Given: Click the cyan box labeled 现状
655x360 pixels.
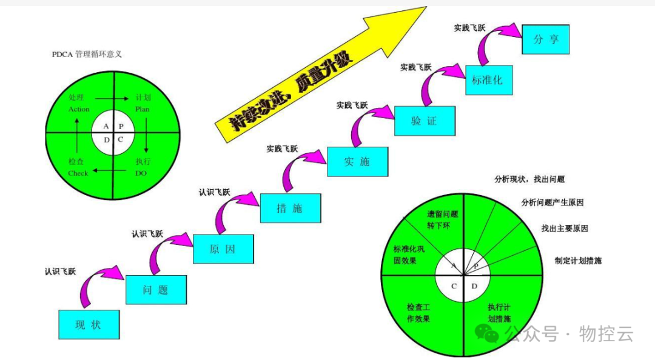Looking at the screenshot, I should pyautogui.click(x=89, y=324).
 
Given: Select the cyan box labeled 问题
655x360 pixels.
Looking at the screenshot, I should pyautogui.click(x=155, y=290).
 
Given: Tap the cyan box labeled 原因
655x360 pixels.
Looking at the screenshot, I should pyautogui.click(x=223, y=249).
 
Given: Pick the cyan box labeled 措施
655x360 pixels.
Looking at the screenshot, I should pyautogui.click(x=290, y=208).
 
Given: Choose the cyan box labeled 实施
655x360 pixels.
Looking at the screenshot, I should pyautogui.click(x=357, y=161).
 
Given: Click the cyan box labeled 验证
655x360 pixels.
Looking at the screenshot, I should pyautogui.click(x=424, y=121).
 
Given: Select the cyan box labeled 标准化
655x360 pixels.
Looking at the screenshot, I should pyautogui.click(x=489, y=79).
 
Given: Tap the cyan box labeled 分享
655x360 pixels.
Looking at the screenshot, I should pyautogui.click(x=545, y=39).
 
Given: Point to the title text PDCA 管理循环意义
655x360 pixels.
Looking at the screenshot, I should pyautogui.click(x=87, y=55).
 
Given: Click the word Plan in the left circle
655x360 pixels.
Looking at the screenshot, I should pyautogui.click(x=142, y=109).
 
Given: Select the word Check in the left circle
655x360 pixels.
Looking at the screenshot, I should pyautogui.click(x=78, y=173).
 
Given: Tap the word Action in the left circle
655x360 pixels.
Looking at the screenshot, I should pyautogui.click(x=79, y=109).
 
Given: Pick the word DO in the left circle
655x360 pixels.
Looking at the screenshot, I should pyautogui.click(x=141, y=173).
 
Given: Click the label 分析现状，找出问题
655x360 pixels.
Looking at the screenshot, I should pyautogui.click(x=530, y=179).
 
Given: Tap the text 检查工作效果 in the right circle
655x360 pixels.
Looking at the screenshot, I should pyautogui.click(x=418, y=312).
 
